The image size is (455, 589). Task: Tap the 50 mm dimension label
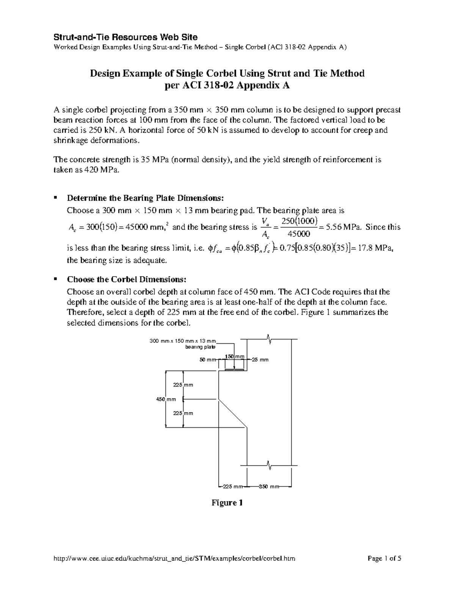(207, 360)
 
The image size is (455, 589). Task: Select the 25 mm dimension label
(260, 360)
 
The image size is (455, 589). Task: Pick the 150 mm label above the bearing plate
(234, 357)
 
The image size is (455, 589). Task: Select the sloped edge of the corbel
(233, 413)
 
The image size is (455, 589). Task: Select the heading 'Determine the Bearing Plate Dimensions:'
(146, 198)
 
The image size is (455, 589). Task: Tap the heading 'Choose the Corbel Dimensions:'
(127, 280)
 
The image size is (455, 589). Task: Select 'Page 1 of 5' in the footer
(384, 558)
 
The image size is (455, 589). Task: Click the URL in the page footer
(174, 558)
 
